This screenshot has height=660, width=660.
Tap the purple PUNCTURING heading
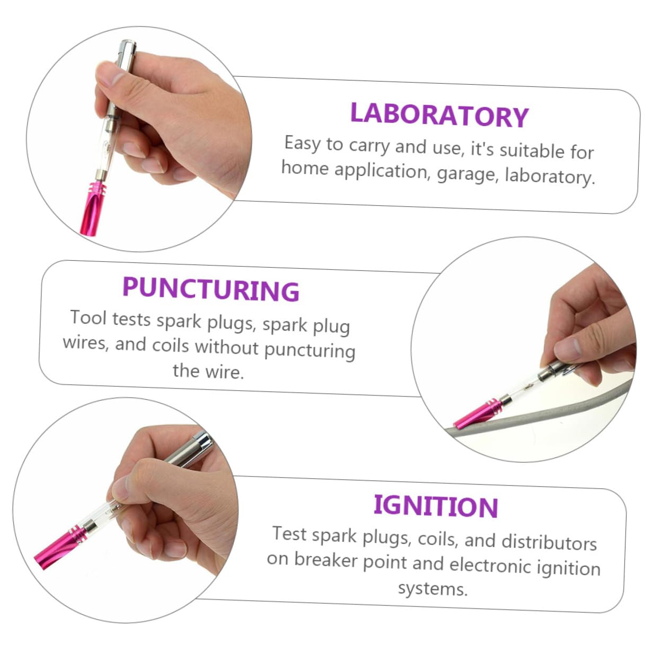click(x=210, y=289)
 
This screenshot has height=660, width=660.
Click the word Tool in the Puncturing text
click(x=89, y=318)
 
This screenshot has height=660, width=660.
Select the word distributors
click(x=549, y=542)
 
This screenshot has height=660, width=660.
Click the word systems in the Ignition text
click(x=432, y=588)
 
